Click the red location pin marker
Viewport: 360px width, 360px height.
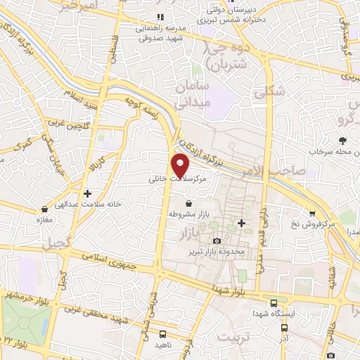point(181,165)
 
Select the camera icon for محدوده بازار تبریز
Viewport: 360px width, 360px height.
point(217,241)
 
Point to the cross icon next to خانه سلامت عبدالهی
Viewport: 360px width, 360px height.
point(87,193)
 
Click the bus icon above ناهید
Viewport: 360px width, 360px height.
point(163,335)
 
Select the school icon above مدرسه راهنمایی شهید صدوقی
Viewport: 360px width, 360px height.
point(160,16)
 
